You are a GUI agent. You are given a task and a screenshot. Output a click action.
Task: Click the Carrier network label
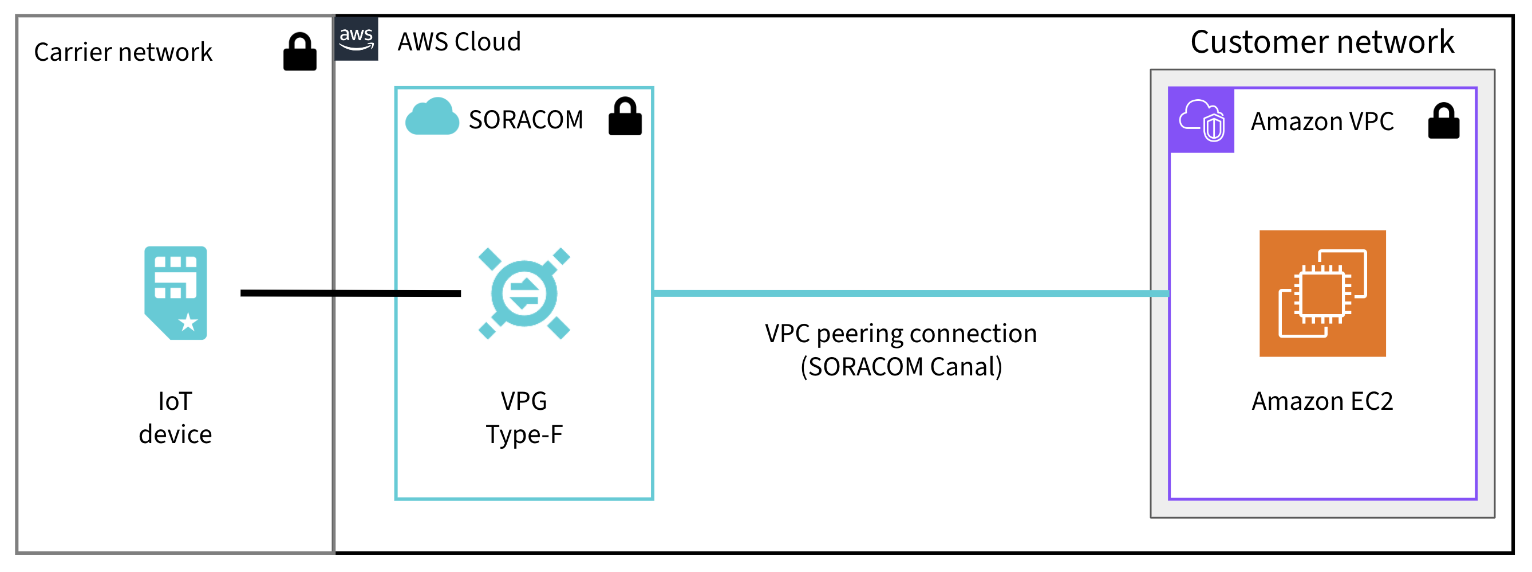(123, 52)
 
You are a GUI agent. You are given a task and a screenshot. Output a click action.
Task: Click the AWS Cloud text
(459, 42)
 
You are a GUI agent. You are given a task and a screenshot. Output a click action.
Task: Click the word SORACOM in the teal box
(526, 120)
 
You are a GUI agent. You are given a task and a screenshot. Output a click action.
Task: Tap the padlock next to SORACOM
(625, 118)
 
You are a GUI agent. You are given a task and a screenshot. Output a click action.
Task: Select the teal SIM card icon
(175, 293)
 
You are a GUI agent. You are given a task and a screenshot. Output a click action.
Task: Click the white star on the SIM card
(188, 322)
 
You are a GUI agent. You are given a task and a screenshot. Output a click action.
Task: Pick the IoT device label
(175, 418)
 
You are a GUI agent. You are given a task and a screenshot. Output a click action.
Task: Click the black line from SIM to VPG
(351, 293)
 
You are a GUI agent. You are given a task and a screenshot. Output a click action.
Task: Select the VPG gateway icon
(524, 293)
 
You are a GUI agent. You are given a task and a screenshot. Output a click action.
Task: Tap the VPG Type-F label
(524, 418)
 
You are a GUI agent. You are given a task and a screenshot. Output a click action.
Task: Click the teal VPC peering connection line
(910, 293)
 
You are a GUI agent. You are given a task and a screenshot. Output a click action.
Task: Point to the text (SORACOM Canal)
(901, 367)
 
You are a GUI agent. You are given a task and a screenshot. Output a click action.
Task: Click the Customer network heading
(1321, 42)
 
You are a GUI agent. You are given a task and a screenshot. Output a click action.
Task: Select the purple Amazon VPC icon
(1201, 121)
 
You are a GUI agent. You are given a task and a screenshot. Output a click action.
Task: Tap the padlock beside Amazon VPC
(1443, 122)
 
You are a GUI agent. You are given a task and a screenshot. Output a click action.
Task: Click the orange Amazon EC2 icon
(1322, 293)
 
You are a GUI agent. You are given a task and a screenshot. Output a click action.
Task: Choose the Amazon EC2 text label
(1322, 401)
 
